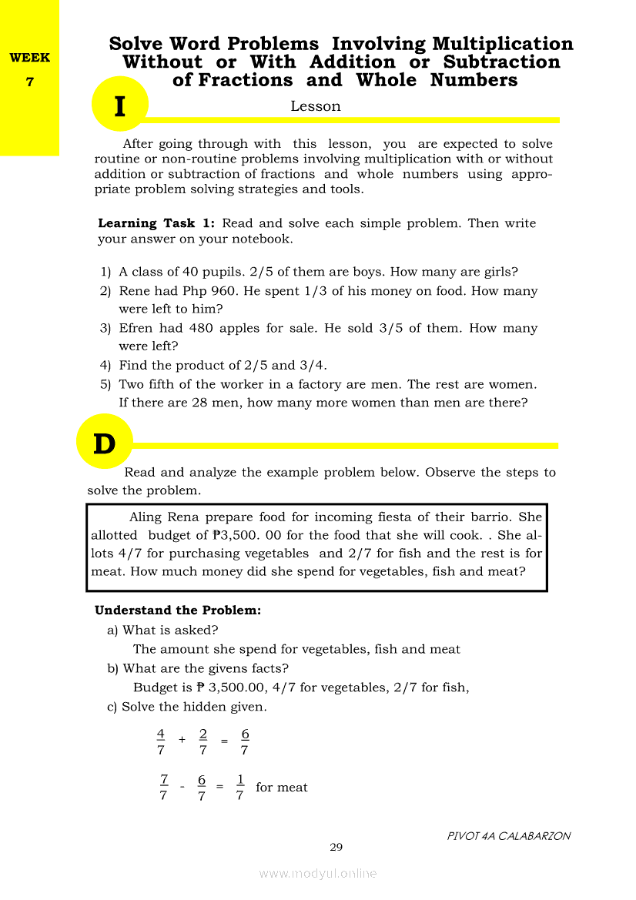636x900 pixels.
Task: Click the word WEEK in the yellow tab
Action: [x=29, y=58]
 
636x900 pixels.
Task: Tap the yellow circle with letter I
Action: [x=119, y=105]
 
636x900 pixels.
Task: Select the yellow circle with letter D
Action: [x=105, y=443]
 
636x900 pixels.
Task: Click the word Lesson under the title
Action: [x=315, y=106]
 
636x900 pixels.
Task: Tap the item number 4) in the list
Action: [x=106, y=366]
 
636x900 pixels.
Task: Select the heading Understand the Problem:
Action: [x=178, y=611]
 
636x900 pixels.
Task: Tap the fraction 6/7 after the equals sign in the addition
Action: [x=245, y=741]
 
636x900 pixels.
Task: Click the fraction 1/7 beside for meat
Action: [x=240, y=787]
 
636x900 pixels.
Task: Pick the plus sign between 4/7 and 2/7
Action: [x=182, y=740]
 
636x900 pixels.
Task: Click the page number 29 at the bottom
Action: [x=336, y=848]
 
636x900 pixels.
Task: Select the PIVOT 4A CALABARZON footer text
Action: [x=509, y=836]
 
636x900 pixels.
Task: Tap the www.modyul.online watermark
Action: [x=318, y=873]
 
